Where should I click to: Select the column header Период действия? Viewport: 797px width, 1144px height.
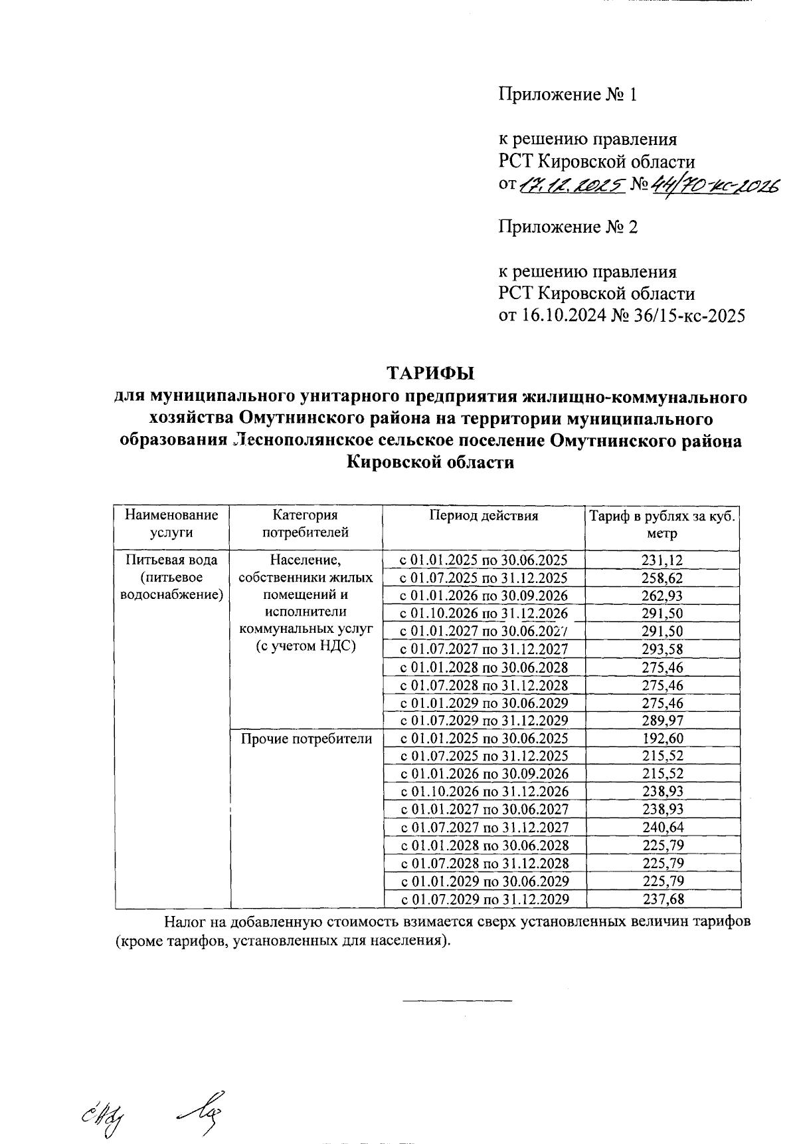(483, 516)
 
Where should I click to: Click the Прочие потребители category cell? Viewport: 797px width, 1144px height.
(306, 739)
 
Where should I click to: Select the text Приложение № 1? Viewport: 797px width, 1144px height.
(568, 95)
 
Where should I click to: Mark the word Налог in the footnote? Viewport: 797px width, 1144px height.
(184, 923)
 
